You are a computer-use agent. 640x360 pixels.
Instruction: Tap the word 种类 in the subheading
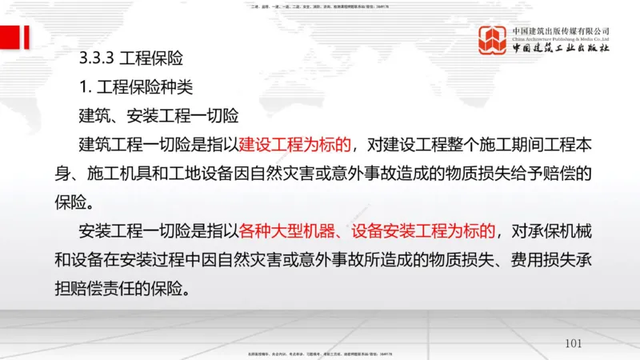click(x=175, y=86)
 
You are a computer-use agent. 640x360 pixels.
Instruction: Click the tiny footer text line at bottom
click(x=319, y=354)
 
